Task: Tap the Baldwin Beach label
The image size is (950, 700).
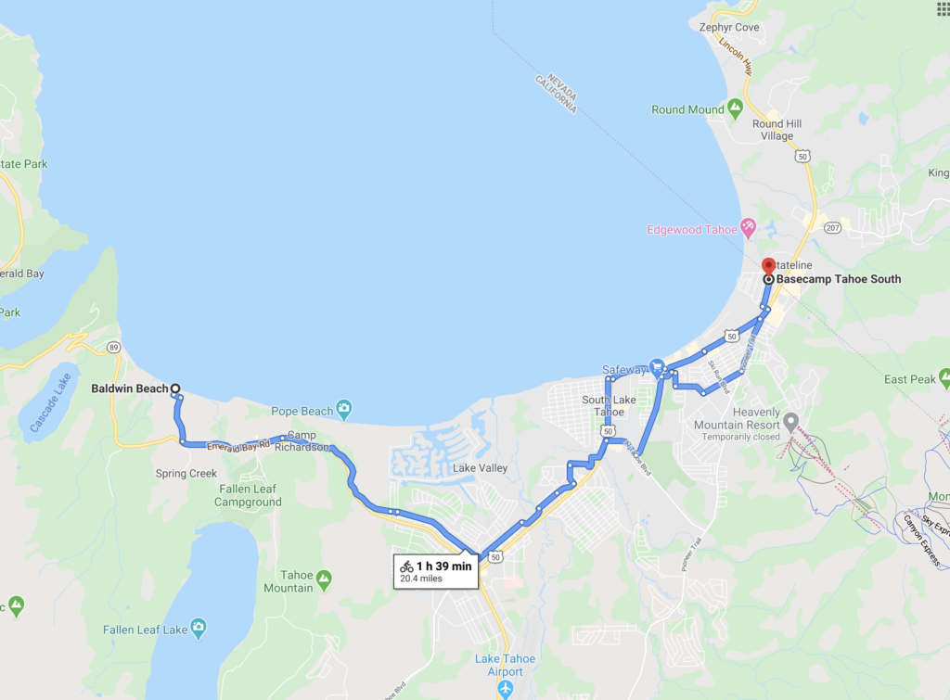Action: [x=130, y=389]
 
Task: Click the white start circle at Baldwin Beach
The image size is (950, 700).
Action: [x=174, y=389]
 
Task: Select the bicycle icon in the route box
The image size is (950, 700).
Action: [x=406, y=566]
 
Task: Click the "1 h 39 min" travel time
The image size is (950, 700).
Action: [x=443, y=566]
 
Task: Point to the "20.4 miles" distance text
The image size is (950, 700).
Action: [x=421, y=579]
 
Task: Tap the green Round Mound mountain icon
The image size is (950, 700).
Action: [x=736, y=108]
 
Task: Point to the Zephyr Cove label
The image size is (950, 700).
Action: [x=729, y=28]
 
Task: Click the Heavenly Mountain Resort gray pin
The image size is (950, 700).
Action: [x=790, y=423]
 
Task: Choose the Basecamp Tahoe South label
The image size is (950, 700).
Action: [x=839, y=279]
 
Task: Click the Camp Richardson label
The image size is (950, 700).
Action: [x=306, y=441]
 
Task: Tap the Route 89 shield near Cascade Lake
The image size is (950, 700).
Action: [x=112, y=348]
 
